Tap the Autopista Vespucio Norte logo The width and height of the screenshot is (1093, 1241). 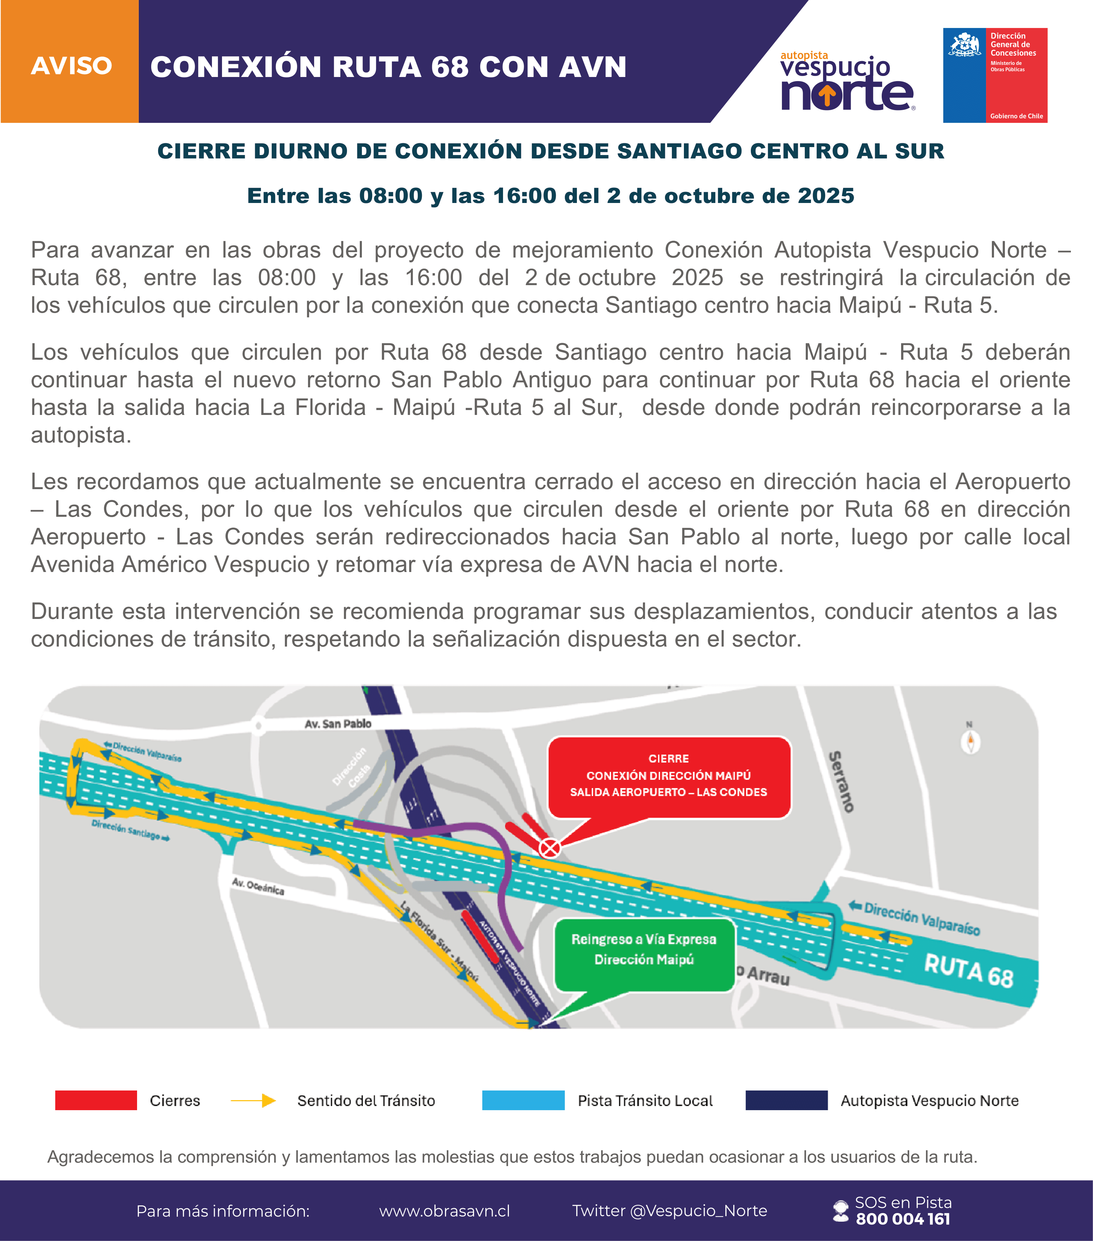(x=847, y=82)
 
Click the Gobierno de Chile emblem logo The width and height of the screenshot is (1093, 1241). (x=995, y=75)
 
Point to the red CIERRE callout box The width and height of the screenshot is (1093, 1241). (x=669, y=777)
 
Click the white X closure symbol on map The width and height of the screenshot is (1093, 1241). (x=550, y=847)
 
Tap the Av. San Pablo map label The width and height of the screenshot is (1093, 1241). (x=338, y=724)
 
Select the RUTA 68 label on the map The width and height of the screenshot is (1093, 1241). (x=968, y=970)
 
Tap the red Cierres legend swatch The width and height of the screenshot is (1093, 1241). (x=96, y=1100)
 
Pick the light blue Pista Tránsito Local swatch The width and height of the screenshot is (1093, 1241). (x=523, y=1100)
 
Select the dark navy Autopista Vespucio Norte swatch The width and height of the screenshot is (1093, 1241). (x=786, y=1100)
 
